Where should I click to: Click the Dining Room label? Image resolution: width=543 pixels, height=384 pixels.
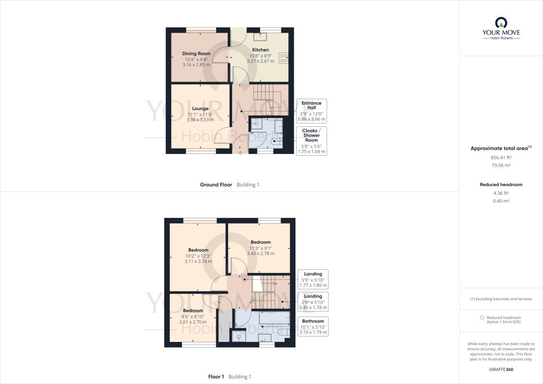point(196,53)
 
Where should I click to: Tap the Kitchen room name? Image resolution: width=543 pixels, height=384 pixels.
point(260,50)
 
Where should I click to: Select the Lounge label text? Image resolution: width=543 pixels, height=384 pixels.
point(200,108)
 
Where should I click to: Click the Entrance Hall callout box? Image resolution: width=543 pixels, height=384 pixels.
point(311,111)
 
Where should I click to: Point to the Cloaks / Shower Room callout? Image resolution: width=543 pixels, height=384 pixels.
point(311,141)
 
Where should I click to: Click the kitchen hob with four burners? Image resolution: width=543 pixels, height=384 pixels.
point(284,58)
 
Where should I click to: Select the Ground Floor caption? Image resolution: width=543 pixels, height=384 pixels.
point(216,185)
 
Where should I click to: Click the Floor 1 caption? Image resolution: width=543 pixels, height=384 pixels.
point(216,377)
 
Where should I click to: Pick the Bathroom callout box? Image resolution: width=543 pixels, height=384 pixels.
point(313,326)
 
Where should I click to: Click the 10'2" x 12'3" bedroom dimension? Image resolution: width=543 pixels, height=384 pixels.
point(198,256)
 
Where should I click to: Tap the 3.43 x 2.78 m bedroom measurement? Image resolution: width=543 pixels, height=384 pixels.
point(260,254)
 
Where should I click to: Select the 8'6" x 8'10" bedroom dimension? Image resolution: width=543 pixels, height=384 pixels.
point(192,317)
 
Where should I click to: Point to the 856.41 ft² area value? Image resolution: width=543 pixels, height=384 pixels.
point(501,158)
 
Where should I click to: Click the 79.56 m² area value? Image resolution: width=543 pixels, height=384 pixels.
point(501,165)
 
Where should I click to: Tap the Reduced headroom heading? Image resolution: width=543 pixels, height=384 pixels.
point(501,185)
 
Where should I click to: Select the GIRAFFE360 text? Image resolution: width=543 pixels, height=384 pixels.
point(501,370)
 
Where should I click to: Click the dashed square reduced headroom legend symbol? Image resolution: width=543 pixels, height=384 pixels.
point(482,317)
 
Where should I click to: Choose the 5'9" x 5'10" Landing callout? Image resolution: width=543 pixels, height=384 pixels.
point(313,279)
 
